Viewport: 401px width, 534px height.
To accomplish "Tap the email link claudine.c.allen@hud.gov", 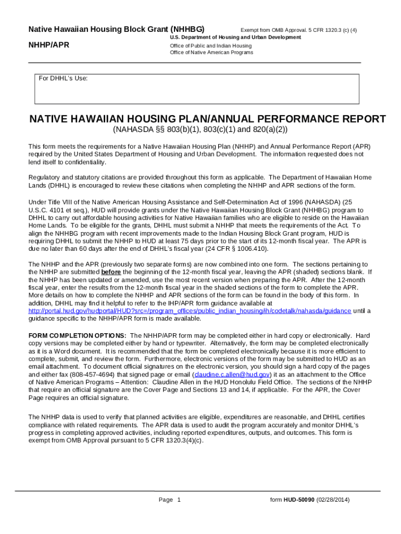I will point(232,374).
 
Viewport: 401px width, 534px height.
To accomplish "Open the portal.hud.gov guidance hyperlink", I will point(190,311).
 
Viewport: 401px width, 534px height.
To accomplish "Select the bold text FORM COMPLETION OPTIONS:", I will point(77,335).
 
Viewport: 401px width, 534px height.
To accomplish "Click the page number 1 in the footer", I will point(179,500).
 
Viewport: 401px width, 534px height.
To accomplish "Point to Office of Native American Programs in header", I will point(211,53).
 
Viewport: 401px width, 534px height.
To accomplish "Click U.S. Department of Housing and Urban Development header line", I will point(235,38).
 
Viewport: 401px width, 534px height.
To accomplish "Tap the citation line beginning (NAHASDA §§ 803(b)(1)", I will point(200,130).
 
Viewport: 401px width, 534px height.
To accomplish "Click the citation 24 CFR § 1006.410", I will point(240,249).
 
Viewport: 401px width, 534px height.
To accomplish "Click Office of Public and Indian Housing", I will point(208,46).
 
